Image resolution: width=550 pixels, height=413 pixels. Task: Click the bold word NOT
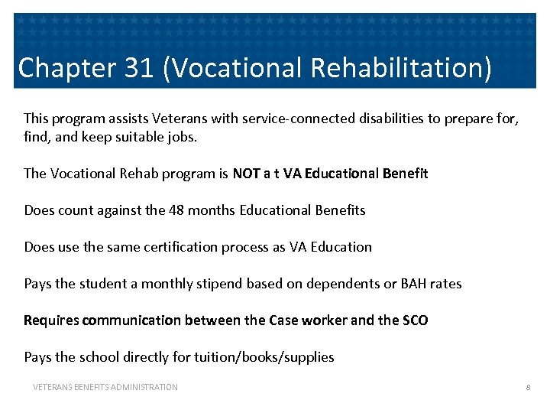pos(247,174)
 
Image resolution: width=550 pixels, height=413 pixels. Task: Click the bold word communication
pos(127,320)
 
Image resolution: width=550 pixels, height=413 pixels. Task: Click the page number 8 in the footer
pos(527,388)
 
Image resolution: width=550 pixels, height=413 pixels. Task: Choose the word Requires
pos(51,320)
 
